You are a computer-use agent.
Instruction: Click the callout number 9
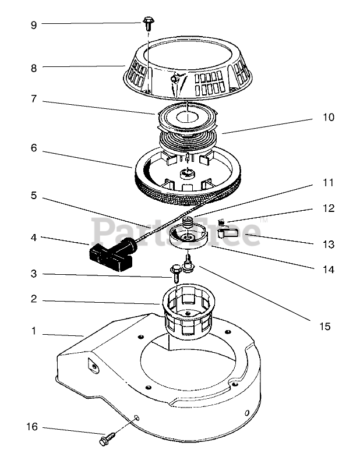34,25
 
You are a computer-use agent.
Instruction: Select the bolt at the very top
147,23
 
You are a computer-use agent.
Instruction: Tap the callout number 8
34,68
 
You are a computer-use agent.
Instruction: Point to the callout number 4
34,238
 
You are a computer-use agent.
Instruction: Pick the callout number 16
32,427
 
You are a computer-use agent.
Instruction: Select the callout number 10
329,117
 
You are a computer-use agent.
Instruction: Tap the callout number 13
329,245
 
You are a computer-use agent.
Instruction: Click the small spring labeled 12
221,222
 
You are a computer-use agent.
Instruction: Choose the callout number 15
325,326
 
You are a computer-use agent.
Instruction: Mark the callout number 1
34,331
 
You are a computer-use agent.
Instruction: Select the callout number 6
34,148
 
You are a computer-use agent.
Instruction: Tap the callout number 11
329,183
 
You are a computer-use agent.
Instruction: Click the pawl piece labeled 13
228,232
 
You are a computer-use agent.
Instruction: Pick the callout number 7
34,98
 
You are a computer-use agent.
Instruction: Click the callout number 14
329,270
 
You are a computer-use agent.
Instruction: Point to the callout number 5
34,196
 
